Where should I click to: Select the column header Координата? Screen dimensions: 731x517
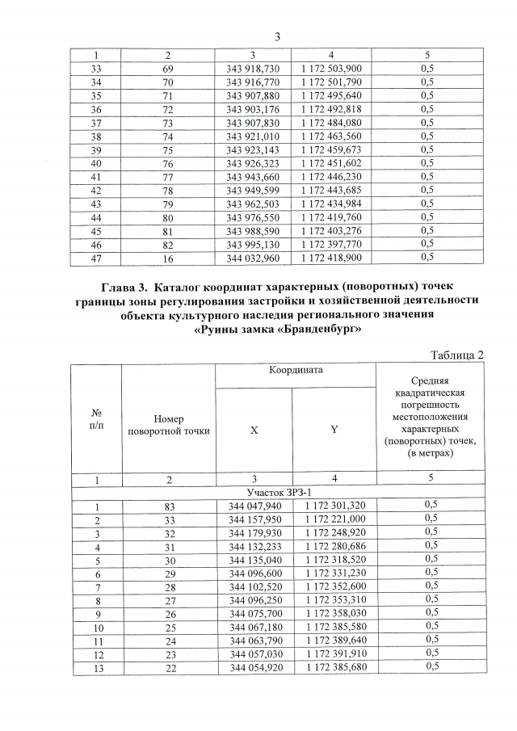[x=295, y=370]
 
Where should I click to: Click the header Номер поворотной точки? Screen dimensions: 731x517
[x=168, y=425]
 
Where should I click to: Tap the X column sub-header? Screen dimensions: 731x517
[x=254, y=431]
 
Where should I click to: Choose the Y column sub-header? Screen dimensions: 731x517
[x=334, y=431]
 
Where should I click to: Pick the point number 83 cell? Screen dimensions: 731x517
[x=168, y=506]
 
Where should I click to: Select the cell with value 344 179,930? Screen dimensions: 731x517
[x=254, y=531]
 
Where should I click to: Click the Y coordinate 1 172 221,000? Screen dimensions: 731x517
[x=334, y=519]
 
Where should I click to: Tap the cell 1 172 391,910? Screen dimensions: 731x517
[x=334, y=653]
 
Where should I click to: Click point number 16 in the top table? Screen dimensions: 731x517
[x=168, y=258]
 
